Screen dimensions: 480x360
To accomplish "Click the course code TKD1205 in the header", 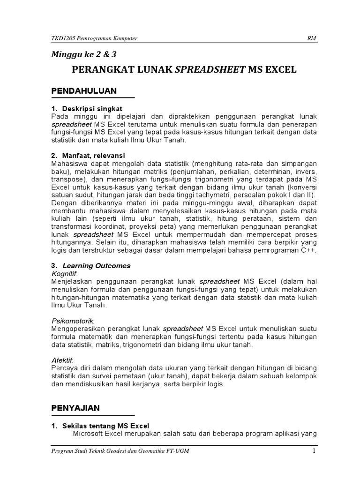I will (x=62, y=38).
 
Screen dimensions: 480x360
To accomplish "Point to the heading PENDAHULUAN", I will (x=84, y=90).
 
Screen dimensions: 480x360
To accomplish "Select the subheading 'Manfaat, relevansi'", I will (x=94, y=155).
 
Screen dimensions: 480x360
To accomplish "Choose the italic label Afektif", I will (x=63, y=360).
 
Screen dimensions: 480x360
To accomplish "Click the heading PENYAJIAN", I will (x=75, y=408).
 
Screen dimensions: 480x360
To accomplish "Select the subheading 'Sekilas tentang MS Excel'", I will (x=105, y=426).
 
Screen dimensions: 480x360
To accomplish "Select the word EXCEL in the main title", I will (x=279, y=70).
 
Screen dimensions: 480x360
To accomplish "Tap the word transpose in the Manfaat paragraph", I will (x=67, y=179).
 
